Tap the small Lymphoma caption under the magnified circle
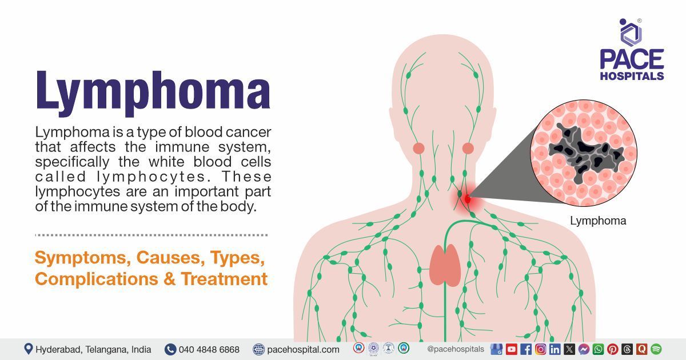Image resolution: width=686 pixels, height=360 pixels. [x=598, y=221]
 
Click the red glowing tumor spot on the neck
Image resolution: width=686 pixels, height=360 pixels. [x=467, y=199]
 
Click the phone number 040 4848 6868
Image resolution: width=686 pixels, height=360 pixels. [x=209, y=349]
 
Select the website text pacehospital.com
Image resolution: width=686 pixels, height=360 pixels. [x=302, y=349]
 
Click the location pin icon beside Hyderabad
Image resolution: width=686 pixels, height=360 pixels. [x=28, y=349]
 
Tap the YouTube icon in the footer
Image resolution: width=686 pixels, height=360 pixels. [x=511, y=349]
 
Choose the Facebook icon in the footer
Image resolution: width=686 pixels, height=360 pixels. [x=526, y=349]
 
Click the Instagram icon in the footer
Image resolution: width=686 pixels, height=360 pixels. [x=540, y=349]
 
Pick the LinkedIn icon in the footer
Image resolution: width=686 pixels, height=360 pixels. [x=555, y=349]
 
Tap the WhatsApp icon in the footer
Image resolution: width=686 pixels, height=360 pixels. [x=598, y=349]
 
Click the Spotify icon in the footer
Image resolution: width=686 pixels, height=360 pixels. [x=656, y=349]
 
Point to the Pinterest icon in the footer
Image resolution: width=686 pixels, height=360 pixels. [x=612, y=349]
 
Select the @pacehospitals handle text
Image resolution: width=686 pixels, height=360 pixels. [x=455, y=349]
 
